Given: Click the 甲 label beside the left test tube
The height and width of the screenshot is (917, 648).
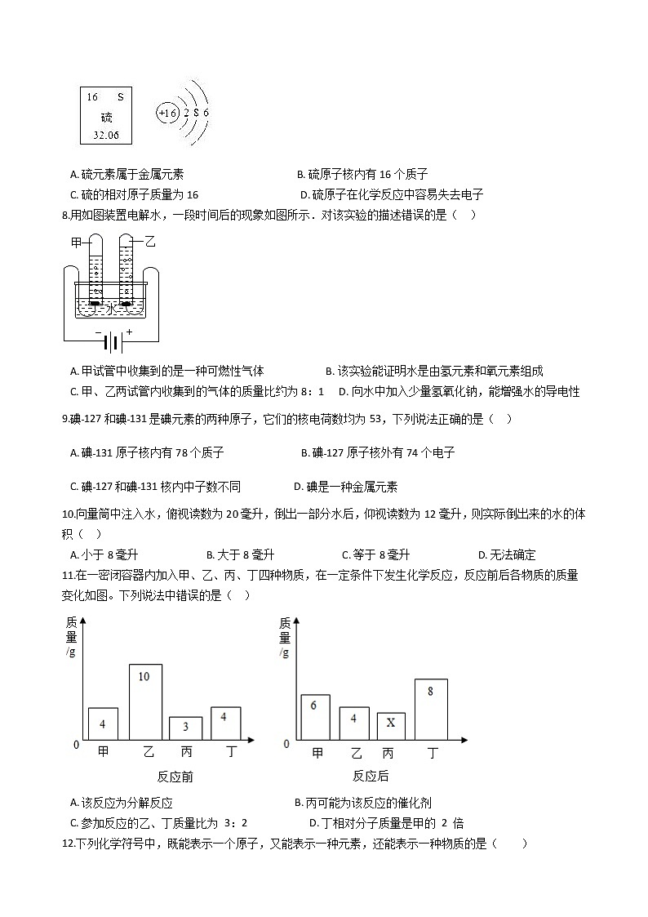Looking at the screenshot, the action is tap(78, 243).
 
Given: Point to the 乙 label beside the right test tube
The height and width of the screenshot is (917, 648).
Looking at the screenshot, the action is tap(149, 242).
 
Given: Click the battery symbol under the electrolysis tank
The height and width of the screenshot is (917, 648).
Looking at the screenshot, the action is tap(114, 339).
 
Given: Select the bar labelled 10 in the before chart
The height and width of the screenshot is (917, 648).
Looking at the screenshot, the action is tap(145, 701).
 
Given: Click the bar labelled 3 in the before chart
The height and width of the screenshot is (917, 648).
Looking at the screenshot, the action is tap(185, 728).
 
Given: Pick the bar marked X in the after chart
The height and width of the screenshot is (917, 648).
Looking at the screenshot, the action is tap(390, 725).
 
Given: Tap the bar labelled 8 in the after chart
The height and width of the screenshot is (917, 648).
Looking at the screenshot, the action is tap(430, 709).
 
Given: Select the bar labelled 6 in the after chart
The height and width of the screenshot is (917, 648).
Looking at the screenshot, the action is tap(315, 717).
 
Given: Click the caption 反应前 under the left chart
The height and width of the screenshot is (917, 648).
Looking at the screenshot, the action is tap(175, 777).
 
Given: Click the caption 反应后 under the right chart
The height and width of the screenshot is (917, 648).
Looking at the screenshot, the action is tap(371, 777).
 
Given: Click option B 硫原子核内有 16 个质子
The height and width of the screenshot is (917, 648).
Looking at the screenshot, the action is tap(362, 174).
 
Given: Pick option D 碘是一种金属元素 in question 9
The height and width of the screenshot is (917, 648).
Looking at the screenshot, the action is tap(345, 487).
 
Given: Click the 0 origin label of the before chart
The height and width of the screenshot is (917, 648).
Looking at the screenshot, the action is tap(76, 745).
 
